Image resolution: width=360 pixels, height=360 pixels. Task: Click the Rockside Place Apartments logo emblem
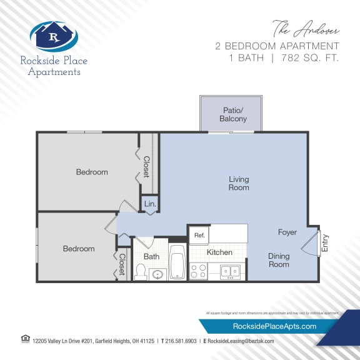(x=54, y=36)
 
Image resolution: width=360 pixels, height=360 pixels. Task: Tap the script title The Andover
(x=306, y=29)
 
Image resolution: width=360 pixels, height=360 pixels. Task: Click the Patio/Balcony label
(x=234, y=114)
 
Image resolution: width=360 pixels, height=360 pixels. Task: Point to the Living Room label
(x=238, y=183)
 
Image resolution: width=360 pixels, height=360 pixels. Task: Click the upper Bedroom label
(x=92, y=172)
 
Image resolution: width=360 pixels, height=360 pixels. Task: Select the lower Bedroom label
(x=79, y=249)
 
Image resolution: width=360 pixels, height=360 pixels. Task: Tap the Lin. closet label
(x=150, y=204)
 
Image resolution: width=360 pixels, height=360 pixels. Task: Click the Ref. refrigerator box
(x=199, y=235)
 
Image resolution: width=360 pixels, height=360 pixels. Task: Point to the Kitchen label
(x=219, y=252)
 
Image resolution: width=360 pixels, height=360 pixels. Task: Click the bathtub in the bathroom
(x=177, y=261)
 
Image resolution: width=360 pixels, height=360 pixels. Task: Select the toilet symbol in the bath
(x=141, y=272)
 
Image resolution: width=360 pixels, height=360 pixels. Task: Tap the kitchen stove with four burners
(x=198, y=271)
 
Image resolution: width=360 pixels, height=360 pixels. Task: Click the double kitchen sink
(x=231, y=271)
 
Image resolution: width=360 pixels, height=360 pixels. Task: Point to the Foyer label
(x=287, y=232)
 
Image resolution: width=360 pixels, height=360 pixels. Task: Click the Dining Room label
(x=279, y=260)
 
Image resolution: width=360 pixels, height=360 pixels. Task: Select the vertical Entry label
(x=324, y=243)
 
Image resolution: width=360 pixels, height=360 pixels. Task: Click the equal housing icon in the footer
(x=25, y=339)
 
